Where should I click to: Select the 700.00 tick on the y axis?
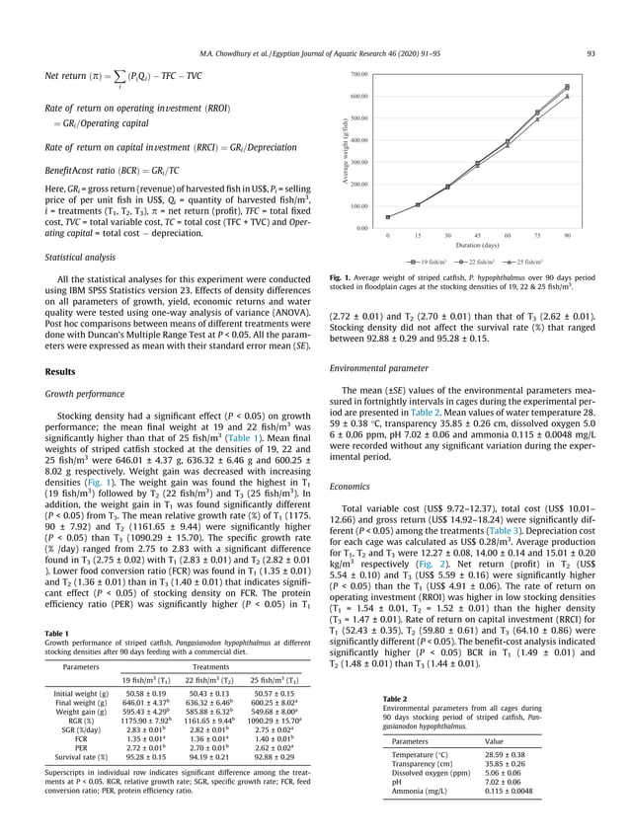tap(358, 75)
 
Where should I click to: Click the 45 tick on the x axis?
tap(477, 236)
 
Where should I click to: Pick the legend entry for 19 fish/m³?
tap(426, 263)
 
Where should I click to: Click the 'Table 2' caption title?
tap(394, 670)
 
